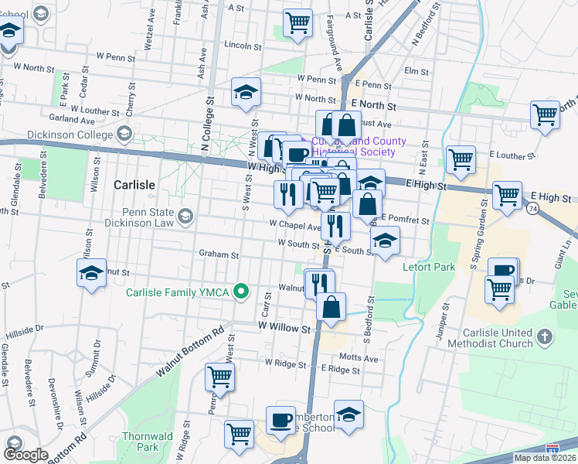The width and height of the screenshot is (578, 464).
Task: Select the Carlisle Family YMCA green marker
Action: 242,292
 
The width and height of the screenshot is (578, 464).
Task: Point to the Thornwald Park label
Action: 141,442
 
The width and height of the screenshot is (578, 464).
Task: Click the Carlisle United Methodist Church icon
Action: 546,337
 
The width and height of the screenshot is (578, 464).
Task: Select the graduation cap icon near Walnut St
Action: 91,274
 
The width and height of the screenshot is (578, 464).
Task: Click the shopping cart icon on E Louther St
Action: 461,159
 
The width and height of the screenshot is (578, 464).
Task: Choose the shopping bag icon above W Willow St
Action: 331,306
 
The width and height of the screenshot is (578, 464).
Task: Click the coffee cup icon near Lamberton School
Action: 280,420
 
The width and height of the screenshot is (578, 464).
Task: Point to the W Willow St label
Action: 279,328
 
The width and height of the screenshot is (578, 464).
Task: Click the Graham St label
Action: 219,254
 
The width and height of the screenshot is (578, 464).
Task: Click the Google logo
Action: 25,455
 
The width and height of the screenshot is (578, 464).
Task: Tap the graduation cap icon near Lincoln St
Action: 246,94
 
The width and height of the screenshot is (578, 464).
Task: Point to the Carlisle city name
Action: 134,186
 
